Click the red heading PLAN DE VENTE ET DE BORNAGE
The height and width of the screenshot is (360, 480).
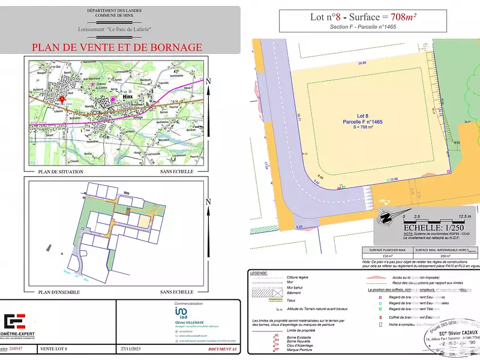(116, 47)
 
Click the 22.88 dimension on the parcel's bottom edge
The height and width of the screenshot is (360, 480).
(394, 179)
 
